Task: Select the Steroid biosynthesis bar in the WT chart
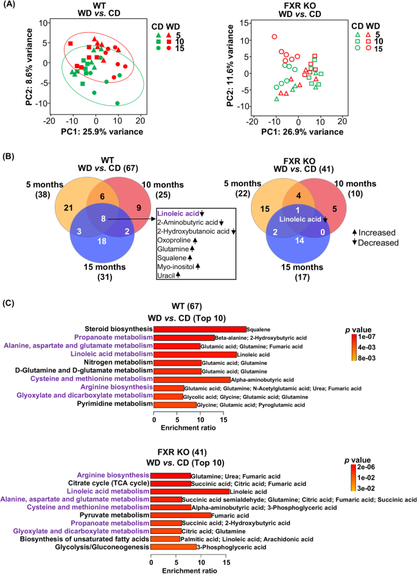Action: (x=200, y=329)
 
